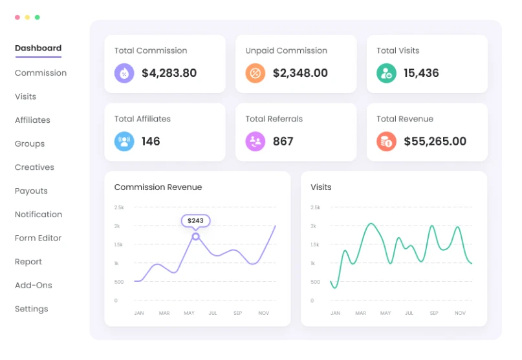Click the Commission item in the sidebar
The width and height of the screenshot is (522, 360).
[x=41, y=73]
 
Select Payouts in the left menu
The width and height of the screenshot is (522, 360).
[x=31, y=191]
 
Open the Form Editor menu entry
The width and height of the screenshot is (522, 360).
[x=38, y=238]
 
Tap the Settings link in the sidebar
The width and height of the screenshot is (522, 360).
[x=31, y=309]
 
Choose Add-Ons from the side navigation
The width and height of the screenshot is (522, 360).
[x=34, y=286]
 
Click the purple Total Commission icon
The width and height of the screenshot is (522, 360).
[x=124, y=73]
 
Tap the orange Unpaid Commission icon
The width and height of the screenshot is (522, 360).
[x=256, y=73]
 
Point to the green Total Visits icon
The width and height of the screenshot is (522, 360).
[x=386, y=73]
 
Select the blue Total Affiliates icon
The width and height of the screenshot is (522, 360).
[x=124, y=141]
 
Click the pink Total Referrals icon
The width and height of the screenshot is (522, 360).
[x=256, y=141]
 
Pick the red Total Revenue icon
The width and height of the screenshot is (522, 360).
[x=386, y=141]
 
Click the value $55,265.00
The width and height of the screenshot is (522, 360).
[x=435, y=142]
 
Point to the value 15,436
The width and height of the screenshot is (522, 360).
[x=421, y=73]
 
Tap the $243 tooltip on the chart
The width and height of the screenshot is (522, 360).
[x=195, y=220]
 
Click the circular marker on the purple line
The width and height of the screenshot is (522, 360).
[x=195, y=237]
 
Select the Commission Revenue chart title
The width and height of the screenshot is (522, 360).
[x=158, y=187]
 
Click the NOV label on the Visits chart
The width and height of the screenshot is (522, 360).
[x=460, y=313]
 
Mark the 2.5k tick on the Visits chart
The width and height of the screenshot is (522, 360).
[x=315, y=207]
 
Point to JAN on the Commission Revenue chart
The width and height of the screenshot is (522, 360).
[x=138, y=313]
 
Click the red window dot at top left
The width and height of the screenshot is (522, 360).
[x=17, y=17]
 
